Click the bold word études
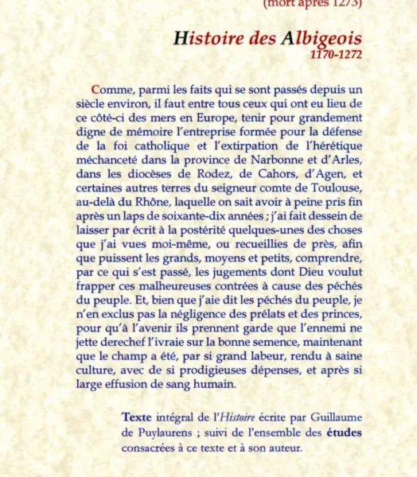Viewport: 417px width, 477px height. pyautogui.click(x=345, y=432)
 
